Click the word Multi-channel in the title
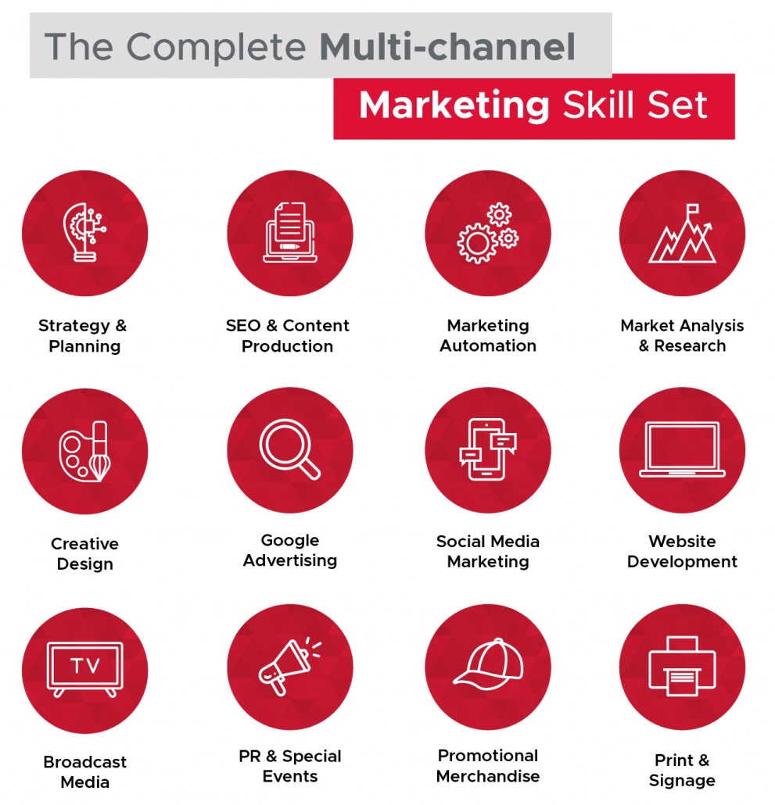447,47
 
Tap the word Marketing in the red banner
454,106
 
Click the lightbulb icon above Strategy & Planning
84,232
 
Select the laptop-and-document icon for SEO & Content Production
289,232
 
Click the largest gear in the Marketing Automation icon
477,243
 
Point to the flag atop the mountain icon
692,209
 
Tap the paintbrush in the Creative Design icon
100,451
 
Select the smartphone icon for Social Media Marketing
487,449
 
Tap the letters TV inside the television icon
85,666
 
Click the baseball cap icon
488,664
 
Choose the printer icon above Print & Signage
682,667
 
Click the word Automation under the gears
488,346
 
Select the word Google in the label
290,541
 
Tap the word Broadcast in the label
84,762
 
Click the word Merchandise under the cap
488,776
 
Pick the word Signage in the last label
682,781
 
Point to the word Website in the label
682,541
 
